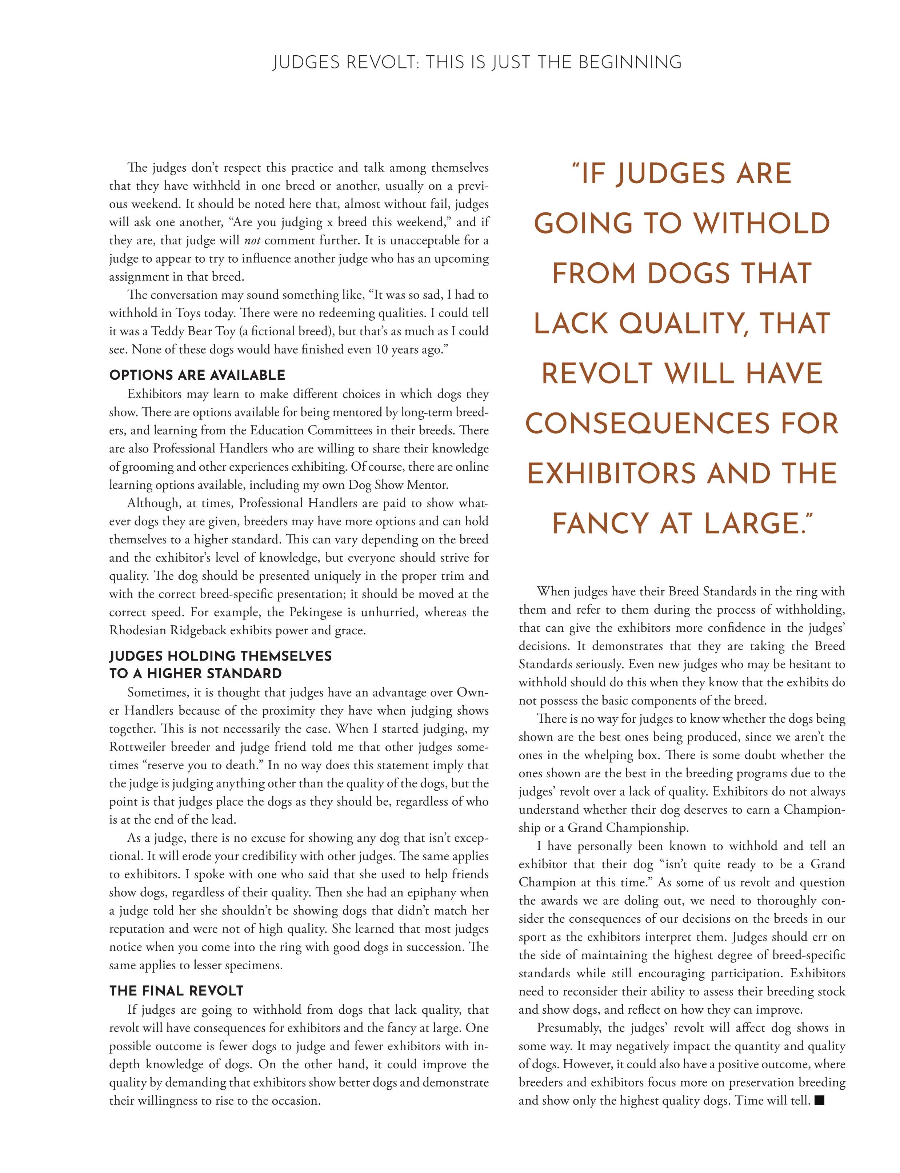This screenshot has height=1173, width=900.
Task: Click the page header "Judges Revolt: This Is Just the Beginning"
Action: pos(477,63)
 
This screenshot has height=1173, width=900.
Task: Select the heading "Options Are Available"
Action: pos(197,375)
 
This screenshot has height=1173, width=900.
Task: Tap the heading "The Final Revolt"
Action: pos(176,991)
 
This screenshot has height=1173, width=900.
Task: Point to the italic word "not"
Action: pos(256,241)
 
